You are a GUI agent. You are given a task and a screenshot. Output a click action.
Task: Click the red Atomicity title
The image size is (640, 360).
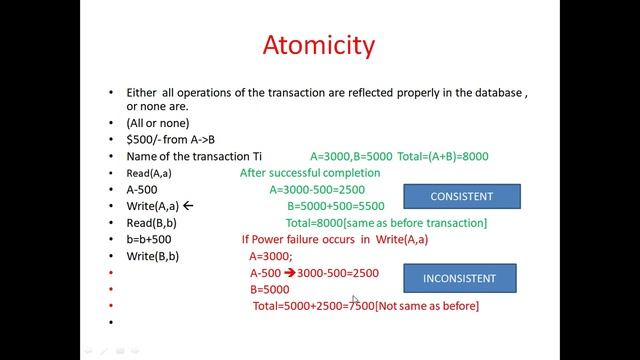pyautogui.click(x=319, y=46)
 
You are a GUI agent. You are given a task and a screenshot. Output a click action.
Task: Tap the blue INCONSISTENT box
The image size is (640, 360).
pyautogui.click(x=459, y=277)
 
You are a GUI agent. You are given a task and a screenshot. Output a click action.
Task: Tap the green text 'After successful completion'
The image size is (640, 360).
pyautogui.click(x=310, y=173)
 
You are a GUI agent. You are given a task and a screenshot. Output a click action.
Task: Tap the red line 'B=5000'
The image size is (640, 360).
pyautogui.click(x=270, y=289)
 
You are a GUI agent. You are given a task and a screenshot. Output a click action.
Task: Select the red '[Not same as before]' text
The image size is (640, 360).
pyautogui.click(x=427, y=305)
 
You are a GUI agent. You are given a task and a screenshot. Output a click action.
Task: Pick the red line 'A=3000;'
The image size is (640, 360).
pyautogui.click(x=271, y=256)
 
